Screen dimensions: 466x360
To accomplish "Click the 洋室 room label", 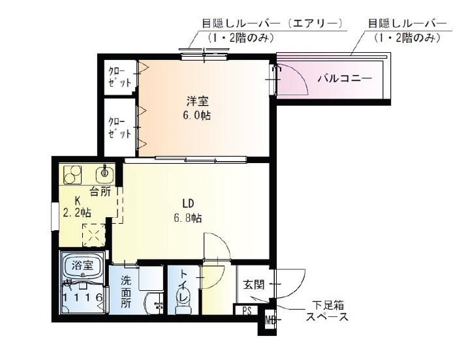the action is pos(197,101).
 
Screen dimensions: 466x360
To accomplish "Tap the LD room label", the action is pos(188,203).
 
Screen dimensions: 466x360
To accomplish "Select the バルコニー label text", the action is pos(345,78).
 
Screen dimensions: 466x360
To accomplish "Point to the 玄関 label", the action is pos(253,285).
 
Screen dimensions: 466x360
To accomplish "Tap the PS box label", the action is pos(247,310).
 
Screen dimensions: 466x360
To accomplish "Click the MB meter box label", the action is pos(270,321).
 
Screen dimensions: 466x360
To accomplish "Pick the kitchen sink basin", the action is pos(105,173).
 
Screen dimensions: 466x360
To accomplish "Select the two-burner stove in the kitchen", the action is pos(73,175).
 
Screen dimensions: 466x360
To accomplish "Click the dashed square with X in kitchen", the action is pos(94,235).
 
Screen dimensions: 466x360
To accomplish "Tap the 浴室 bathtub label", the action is pos(82,265).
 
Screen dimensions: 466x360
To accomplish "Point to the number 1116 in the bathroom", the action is pos(83,297).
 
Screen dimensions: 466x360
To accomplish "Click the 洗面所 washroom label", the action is pos(126,292).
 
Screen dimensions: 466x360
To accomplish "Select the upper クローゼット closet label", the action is pos(119,77).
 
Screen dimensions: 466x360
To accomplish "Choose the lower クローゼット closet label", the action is pos(119,128).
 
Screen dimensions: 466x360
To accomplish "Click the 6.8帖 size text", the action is pos(188,218).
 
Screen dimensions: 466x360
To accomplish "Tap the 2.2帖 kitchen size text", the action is pos(77,213).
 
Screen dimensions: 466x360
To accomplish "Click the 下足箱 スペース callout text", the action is pos(327,311).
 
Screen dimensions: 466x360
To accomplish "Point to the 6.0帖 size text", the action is pos(196,115).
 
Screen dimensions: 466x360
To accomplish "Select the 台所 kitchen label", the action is pos(101,192).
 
